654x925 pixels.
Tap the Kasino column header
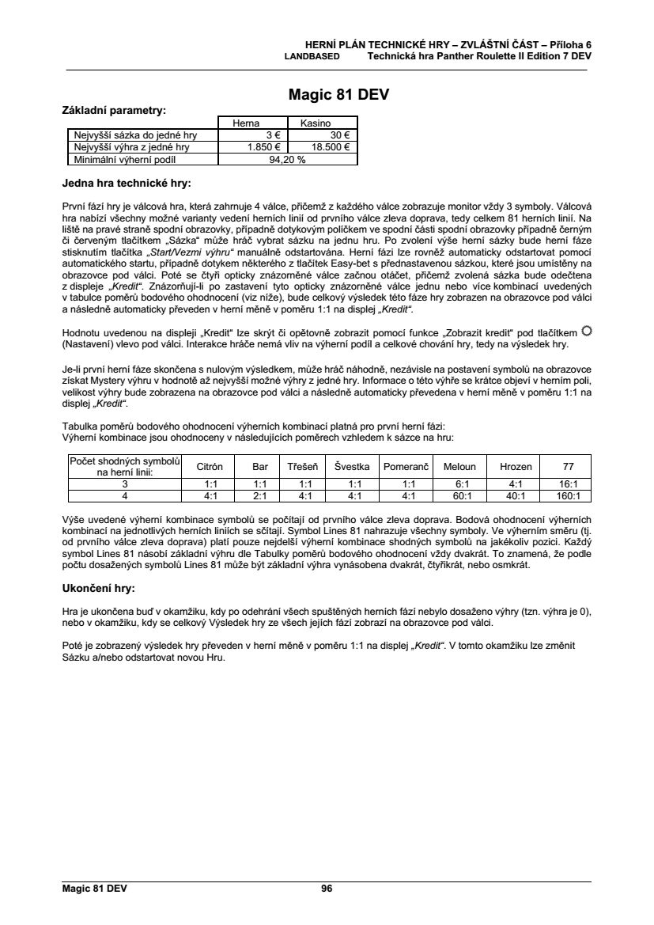click(x=323, y=123)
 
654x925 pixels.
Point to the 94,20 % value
click(x=288, y=158)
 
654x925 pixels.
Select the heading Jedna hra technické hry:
click(x=126, y=184)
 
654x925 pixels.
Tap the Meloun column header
click(x=459, y=467)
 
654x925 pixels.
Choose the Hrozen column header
click(x=516, y=467)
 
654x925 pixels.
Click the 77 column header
click(x=568, y=467)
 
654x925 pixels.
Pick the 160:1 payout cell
click(x=568, y=497)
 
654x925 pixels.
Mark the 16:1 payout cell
click(x=568, y=484)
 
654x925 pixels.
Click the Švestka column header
click(x=354, y=467)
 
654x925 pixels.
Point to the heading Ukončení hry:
click(x=98, y=589)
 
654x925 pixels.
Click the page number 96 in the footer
click(x=327, y=889)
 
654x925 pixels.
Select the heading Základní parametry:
click(x=114, y=110)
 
